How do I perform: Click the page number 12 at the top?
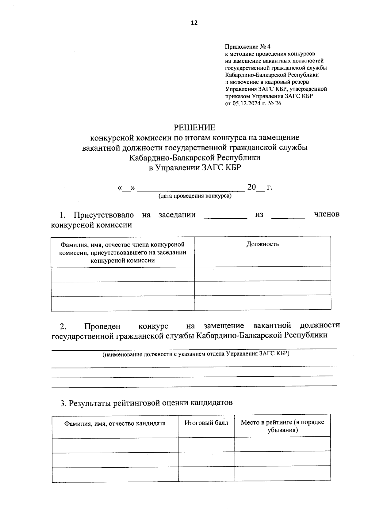tap(194, 23)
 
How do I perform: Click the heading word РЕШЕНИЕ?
tap(195, 127)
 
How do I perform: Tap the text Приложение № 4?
tap(248, 47)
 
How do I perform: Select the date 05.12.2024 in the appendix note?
tap(244, 104)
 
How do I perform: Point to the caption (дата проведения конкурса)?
tap(195, 196)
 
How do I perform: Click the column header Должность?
tap(263, 244)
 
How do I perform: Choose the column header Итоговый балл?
tap(206, 423)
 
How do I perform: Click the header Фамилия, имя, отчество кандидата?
tap(115, 423)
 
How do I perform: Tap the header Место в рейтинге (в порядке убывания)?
tap(282, 426)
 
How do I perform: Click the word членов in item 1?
tap(327, 214)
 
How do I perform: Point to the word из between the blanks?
tap(259, 215)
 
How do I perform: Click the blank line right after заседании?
tap(225, 217)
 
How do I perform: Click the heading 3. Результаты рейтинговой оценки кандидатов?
tap(146, 402)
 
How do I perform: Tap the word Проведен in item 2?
tap(102, 326)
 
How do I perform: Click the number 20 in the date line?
tap(251, 187)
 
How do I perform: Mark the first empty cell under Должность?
tap(263, 273)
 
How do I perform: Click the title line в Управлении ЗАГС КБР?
tap(195, 168)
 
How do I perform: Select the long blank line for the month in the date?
tap(191, 190)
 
